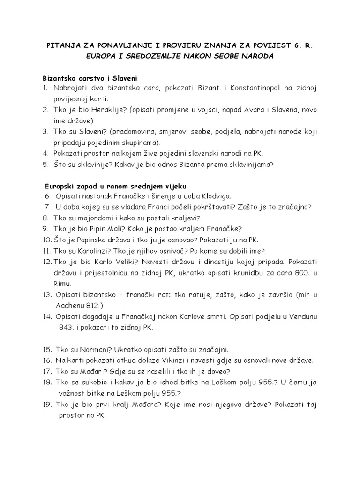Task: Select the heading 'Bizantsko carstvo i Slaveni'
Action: click(89, 77)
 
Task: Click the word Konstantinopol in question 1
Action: click(244, 88)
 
